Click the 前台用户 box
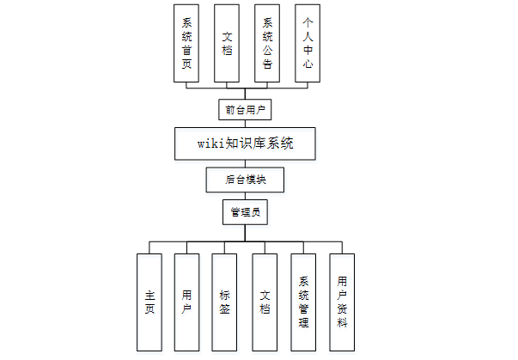tap(245, 110)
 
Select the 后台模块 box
tap(245, 180)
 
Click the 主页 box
tap(149, 302)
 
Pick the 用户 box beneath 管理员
tap(187, 302)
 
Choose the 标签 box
tap(224, 302)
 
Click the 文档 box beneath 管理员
tap(265, 302)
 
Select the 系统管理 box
tap(303, 302)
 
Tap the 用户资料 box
tap(342, 302)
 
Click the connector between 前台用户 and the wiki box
tap(245, 124)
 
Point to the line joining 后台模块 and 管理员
tap(245, 196)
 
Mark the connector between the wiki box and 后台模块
tap(245, 163)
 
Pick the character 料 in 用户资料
tap(342, 323)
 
